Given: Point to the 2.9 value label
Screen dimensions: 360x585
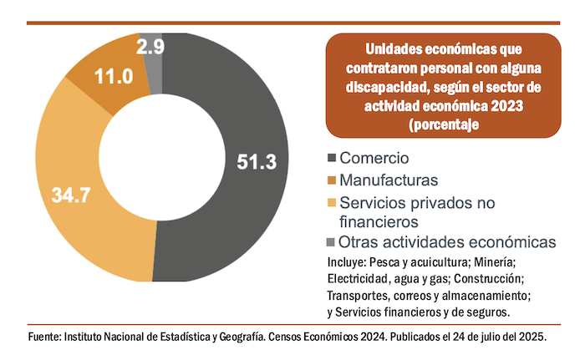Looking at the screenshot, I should pos(150,47).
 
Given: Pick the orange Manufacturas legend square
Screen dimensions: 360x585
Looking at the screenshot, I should pos(333,180).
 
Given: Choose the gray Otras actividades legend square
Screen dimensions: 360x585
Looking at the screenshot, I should pos(333,242).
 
